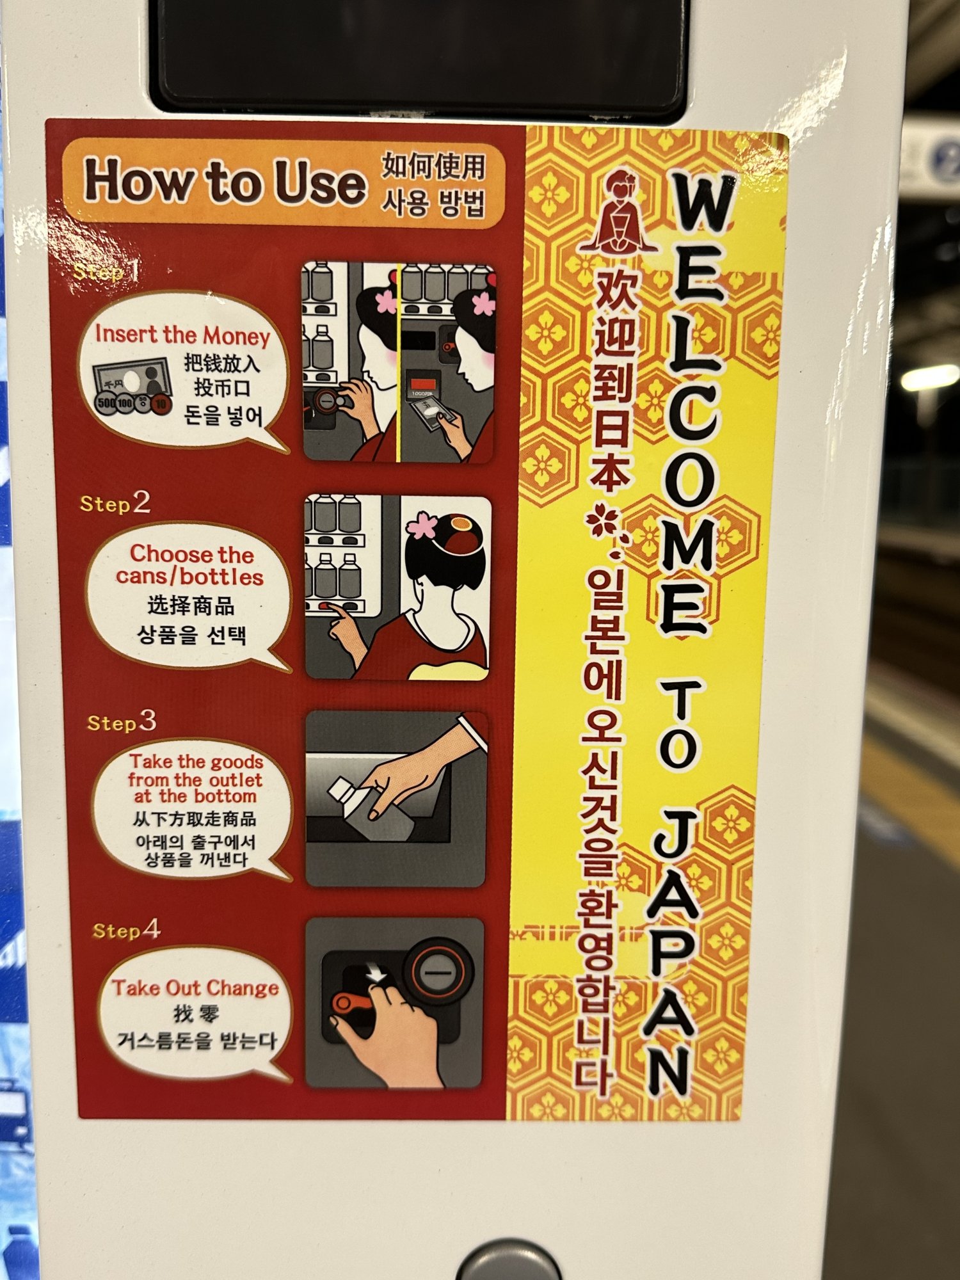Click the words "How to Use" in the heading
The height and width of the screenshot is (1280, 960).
225,182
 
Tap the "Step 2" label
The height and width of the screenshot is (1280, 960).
115,503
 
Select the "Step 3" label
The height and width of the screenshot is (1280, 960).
122,722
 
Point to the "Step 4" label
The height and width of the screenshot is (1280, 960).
126,929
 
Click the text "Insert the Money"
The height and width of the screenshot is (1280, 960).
182,335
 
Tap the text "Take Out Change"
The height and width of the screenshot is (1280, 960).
195,988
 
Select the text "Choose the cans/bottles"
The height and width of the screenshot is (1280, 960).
190,565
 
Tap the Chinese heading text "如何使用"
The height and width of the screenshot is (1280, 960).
434,166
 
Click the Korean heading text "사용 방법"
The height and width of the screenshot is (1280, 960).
433,204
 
